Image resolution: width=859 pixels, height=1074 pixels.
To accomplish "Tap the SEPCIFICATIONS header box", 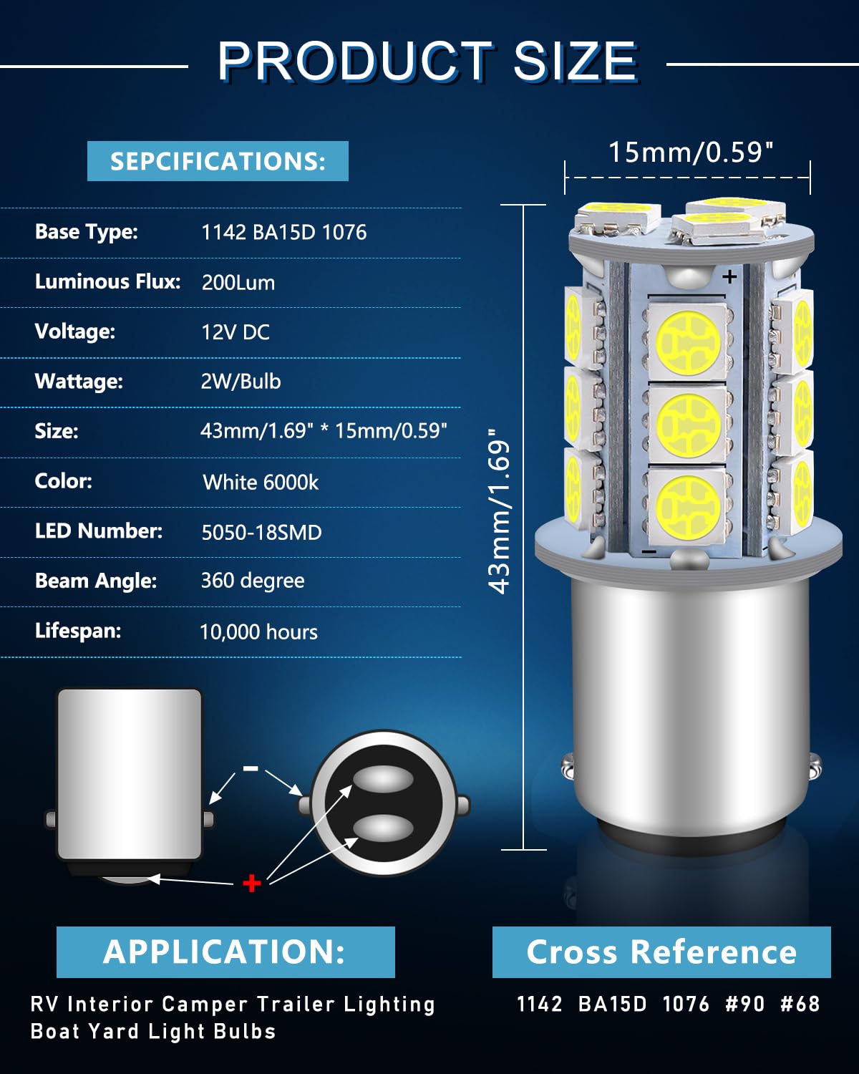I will coord(218,161).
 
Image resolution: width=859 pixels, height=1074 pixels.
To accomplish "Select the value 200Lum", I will coord(238,282).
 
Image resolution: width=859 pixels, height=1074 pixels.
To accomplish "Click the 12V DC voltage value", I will coord(236,332).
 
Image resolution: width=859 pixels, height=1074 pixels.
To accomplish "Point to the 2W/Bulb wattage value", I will coord(241,381).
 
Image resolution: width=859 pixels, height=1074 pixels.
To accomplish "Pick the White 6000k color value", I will coord(261,482).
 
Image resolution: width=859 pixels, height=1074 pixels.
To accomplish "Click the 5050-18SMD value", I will coord(261,532).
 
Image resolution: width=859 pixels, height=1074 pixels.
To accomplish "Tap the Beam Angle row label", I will coord(96,581).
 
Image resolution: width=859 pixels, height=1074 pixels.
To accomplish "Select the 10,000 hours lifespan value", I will coord(258,632).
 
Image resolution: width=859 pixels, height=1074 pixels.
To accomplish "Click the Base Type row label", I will coord(86,232).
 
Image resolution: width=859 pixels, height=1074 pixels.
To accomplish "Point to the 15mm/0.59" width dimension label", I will coord(691,153).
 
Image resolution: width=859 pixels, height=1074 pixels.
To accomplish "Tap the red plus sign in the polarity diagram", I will coord(252,883).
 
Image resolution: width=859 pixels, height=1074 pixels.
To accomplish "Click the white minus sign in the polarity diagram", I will coord(251,768).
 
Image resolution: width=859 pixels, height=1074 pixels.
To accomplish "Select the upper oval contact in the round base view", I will coord(384,779).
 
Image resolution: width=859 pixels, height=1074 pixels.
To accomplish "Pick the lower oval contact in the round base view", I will coord(384,828).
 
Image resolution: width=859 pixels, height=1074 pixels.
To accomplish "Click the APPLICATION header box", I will coord(225,952).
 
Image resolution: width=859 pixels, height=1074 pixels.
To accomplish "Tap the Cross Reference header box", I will coord(661,952).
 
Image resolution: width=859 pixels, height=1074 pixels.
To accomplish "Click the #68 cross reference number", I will coord(800,1004).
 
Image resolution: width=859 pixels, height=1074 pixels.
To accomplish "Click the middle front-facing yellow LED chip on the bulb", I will coord(688,424).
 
